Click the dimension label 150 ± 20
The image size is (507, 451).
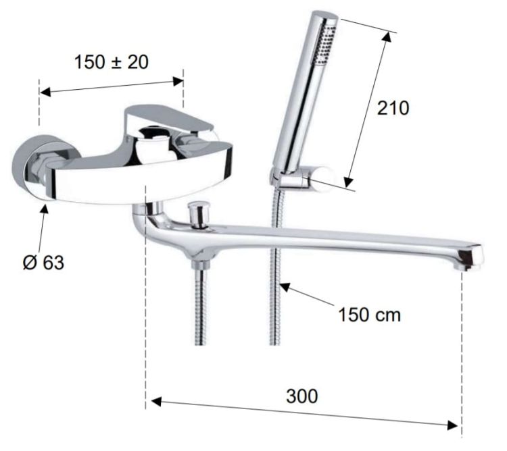112,62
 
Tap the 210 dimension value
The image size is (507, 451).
393,108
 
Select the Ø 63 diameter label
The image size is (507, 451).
43,263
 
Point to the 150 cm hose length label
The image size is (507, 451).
369,315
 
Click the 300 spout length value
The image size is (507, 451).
302,396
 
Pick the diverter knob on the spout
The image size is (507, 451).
198,214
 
